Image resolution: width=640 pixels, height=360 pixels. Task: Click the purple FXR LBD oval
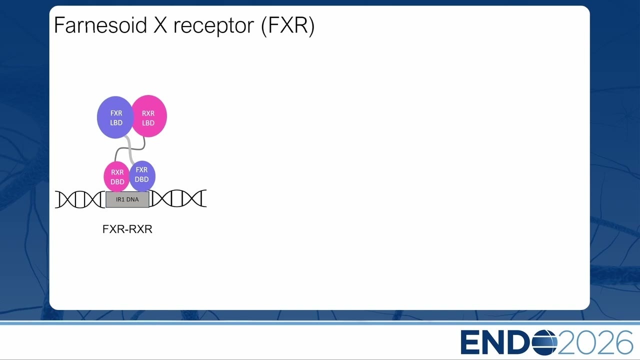pyautogui.click(x=115, y=117)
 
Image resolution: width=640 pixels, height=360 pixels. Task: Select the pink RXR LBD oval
pyautogui.click(x=149, y=116)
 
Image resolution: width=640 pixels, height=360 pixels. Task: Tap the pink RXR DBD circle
pyautogui.click(x=116, y=176)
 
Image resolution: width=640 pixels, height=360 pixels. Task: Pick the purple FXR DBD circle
pyautogui.click(x=142, y=175)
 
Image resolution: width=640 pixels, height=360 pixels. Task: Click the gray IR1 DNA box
pyautogui.click(x=127, y=199)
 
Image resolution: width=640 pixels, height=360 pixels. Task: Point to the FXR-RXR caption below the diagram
pyautogui.click(x=127, y=229)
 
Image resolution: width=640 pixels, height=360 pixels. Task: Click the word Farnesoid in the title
pyautogui.click(x=100, y=25)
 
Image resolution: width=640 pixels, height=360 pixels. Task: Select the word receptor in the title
pyautogui.click(x=213, y=26)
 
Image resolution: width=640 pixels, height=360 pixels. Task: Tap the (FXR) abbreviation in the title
pyautogui.click(x=288, y=25)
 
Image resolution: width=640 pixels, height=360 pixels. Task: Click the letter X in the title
pyautogui.click(x=160, y=25)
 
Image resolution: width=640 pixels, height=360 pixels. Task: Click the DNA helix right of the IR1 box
pyautogui.click(x=177, y=198)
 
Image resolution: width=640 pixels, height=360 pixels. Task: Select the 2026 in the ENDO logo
pyautogui.click(x=595, y=342)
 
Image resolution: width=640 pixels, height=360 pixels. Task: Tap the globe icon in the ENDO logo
pyautogui.click(x=544, y=342)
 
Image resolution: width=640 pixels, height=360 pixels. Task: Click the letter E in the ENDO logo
pyautogui.click(x=469, y=342)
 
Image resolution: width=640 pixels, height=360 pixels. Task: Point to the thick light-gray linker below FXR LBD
pyautogui.click(x=129, y=149)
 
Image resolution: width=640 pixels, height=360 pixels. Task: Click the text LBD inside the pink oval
pyautogui.click(x=148, y=123)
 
